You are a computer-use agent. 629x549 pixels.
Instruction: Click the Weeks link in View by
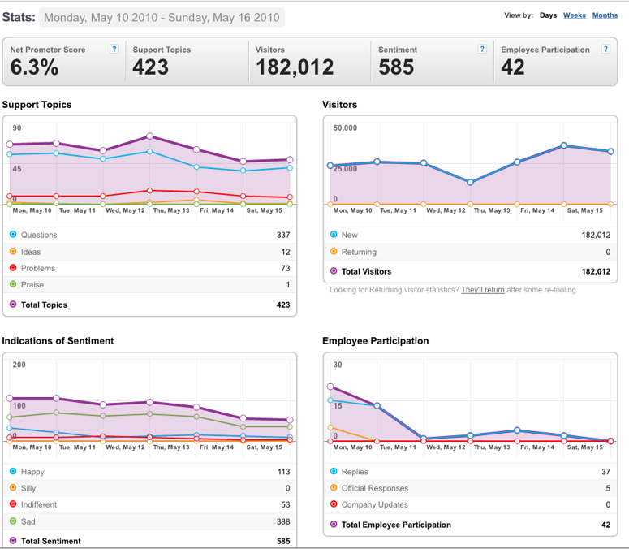(574, 15)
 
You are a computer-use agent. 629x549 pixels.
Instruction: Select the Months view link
(605, 15)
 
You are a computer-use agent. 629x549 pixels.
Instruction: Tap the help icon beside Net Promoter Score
(114, 49)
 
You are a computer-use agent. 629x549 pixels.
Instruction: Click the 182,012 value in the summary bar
(295, 67)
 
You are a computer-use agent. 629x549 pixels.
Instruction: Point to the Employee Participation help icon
(605, 49)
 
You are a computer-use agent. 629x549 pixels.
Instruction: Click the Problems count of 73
(285, 268)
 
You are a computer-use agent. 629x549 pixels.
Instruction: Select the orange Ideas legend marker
(13, 251)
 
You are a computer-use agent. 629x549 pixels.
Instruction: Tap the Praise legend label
(32, 284)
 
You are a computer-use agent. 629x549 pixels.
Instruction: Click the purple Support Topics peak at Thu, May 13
(149, 136)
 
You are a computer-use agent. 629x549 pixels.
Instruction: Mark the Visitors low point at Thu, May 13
(470, 182)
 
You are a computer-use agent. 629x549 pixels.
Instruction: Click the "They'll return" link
(483, 290)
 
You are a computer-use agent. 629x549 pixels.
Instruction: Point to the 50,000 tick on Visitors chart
(345, 128)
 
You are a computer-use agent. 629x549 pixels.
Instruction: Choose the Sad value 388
(283, 521)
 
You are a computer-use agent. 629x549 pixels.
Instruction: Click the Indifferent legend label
(39, 504)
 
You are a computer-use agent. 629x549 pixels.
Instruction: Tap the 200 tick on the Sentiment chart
(19, 365)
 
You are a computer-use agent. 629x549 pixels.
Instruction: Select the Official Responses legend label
(375, 488)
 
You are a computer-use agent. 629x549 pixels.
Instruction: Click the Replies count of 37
(605, 472)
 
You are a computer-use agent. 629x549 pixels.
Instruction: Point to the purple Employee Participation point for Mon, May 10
(330, 387)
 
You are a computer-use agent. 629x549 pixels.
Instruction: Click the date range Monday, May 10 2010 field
(162, 18)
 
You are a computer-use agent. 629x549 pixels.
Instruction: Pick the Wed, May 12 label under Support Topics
(125, 210)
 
